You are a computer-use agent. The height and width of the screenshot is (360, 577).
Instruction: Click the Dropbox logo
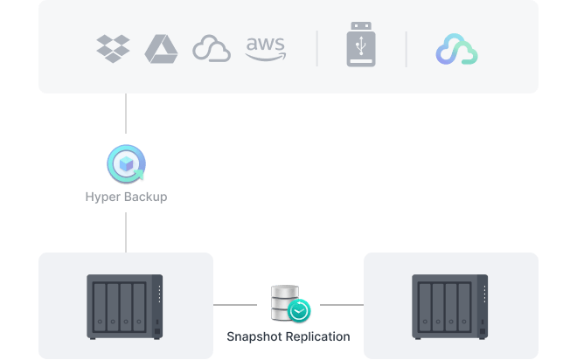click(x=113, y=48)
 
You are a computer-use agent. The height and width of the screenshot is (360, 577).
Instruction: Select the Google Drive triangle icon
click(x=162, y=48)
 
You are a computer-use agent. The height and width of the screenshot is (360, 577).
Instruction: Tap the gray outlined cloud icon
click(x=212, y=49)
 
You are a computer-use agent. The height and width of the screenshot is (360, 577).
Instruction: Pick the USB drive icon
click(x=362, y=48)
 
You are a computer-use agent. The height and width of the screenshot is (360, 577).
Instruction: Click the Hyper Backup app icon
click(x=126, y=164)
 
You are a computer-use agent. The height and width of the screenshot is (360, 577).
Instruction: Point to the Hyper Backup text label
click(x=126, y=197)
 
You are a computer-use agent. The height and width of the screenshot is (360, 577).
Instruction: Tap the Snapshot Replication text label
click(x=288, y=336)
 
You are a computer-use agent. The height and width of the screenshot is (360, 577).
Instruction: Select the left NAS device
click(x=125, y=307)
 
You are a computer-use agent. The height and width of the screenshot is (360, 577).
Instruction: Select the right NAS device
click(x=450, y=307)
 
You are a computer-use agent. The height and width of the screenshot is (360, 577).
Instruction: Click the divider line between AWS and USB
click(x=317, y=48)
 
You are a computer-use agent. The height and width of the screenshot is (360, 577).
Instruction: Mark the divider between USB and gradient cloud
click(x=407, y=48)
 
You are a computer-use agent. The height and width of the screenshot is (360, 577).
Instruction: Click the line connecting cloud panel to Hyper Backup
click(x=126, y=118)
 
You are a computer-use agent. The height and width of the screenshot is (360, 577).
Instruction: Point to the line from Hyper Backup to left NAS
click(x=126, y=231)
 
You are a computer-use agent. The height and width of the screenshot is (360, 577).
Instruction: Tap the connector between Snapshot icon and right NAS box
click(x=339, y=305)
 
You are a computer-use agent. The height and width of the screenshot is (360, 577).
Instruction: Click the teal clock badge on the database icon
click(x=300, y=311)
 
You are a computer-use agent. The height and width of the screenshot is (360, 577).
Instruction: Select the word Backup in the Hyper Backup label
click(x=145, y=197)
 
